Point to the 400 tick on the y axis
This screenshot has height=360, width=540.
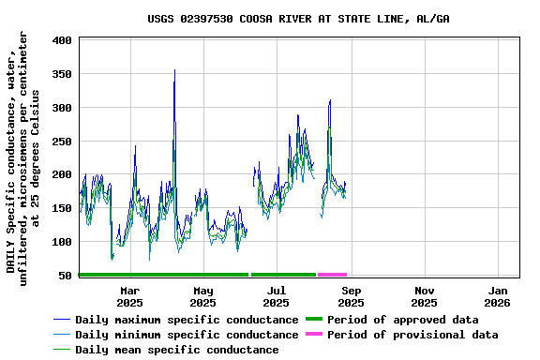click(x=63, y=40)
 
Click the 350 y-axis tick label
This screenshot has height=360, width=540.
click(x=63, y=74)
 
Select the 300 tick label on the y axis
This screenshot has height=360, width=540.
click(x=63, y=108)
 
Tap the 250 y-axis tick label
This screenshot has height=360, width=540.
click(x=63, y=142)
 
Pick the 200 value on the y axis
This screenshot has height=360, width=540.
click(x=63, y=174)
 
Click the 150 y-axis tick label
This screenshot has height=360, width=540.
click(x=63, y=208)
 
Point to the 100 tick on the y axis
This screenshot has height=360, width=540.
click(x=63, y=242)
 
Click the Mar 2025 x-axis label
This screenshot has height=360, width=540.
click(x=129, y=296)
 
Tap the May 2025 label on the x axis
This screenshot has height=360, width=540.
click(x=202, y=296)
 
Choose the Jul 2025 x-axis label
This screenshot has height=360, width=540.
click(x=277, y=296)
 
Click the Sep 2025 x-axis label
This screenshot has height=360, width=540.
click(x=351, y=296)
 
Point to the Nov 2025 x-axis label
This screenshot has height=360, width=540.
click(x=424, y=296)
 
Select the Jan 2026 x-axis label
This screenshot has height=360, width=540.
click(x=498, y=296)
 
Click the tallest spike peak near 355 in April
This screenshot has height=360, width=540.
click(x=174, y=70)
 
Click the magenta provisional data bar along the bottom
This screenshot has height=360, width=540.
click(x=332, y=275)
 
